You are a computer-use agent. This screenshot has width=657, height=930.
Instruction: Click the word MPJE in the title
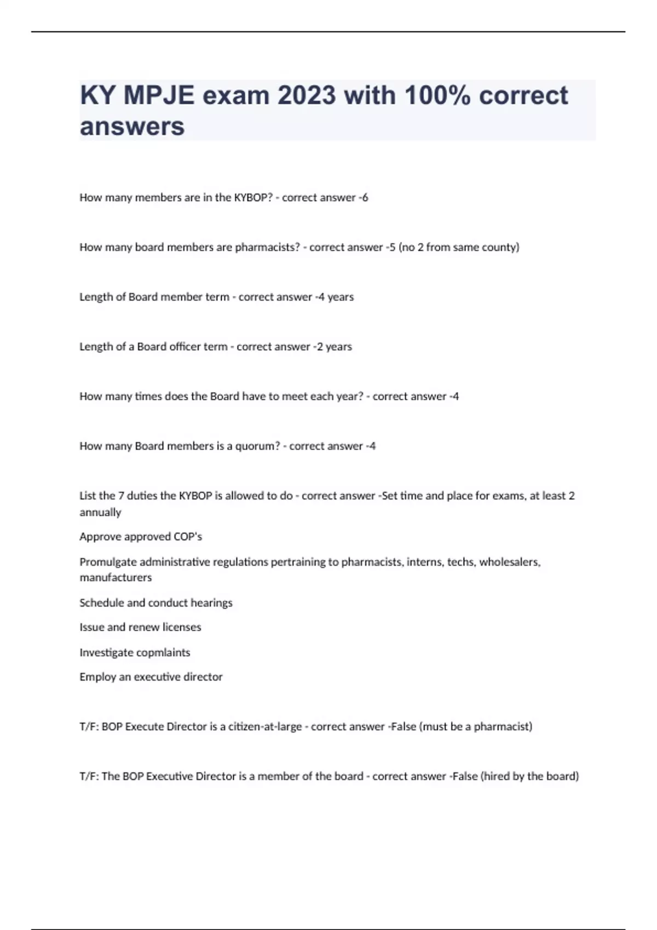pos(159,95)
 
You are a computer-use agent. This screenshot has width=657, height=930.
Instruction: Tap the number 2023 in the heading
pos(306,95)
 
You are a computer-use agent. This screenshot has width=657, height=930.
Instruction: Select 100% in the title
pos(437,95)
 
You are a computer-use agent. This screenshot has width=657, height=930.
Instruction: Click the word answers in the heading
pos(132,126)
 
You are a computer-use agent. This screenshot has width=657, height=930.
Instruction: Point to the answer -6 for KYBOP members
pos(363,197)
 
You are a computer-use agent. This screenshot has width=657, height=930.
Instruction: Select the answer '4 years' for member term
pos(335,297)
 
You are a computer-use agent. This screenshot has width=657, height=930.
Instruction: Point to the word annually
pos(100,513)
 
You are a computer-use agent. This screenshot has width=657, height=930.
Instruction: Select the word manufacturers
pos(116,578)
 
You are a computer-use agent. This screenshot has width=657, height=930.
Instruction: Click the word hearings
pos(211,603)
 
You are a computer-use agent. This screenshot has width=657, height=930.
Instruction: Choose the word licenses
pos(182,627)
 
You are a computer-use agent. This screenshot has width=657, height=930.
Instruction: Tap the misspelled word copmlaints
pos(162,653)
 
